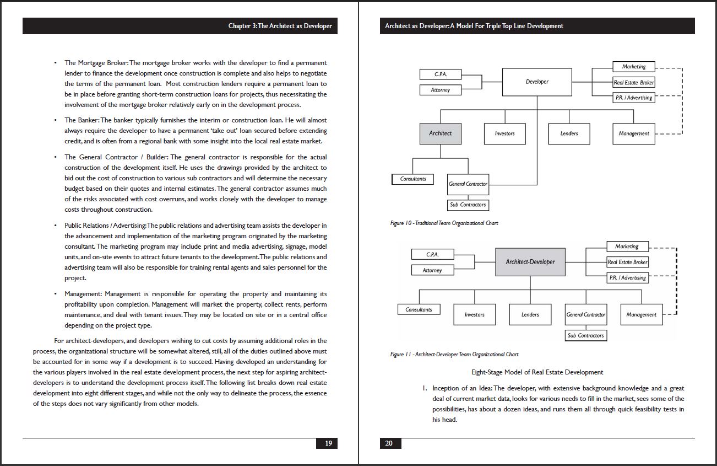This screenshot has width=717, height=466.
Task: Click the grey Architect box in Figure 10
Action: click(x=441, y=133)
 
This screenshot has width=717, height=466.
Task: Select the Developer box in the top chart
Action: click(x=537, y=82)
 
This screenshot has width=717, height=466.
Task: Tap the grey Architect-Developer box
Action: click(x=530, y=262)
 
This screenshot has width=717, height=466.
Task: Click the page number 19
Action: click(x=328, y=443)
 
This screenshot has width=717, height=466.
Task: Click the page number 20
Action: click(x=389, y=443)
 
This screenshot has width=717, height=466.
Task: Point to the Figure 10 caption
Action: click(x=444, y=223)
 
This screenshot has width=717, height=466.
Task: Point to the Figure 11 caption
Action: click(x=454, y=354)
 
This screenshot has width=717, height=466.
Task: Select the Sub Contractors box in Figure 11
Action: click(x=586, y=335)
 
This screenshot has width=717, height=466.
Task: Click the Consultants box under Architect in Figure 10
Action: click(x=413, y=179)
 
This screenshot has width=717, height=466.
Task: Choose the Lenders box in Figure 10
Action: click(x=569, y=133)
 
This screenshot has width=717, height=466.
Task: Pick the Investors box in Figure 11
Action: click(x=474, y=314)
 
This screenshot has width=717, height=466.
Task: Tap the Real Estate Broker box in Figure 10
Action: click(x=634, y=83)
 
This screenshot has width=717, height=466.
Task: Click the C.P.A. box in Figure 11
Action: click(x=432, y=254)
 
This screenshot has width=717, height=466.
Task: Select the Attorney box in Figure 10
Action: click(x=440, y=90)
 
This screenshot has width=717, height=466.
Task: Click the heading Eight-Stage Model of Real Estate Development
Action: click(x=537, y=372)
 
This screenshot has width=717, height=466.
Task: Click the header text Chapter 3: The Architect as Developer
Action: click(x=280, y=26)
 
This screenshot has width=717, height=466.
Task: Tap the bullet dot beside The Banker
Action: click(x=56, y=120)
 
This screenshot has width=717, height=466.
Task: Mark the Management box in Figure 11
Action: click(x=641, y=314)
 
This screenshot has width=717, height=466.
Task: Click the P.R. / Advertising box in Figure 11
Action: click(x=627, y=278)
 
